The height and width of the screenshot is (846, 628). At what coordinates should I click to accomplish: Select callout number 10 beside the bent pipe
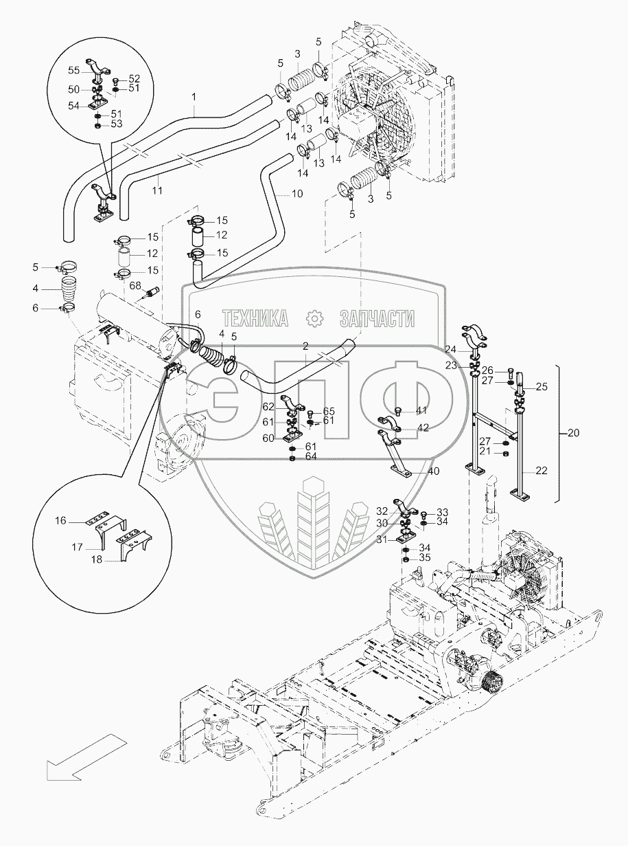click(296, 194)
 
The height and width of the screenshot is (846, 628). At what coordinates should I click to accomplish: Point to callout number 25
click(542, 387)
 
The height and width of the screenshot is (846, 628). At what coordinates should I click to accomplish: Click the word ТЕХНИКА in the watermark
click(254, 318)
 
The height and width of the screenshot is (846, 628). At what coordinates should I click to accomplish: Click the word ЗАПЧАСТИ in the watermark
click(377, 318)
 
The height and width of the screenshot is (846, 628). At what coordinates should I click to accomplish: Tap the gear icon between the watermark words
click(314, 318)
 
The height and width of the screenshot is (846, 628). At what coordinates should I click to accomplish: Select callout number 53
click(117, 124)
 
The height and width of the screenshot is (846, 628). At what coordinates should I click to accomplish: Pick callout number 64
click(311, 456)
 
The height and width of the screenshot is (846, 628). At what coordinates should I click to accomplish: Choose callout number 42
click(423, 427)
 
